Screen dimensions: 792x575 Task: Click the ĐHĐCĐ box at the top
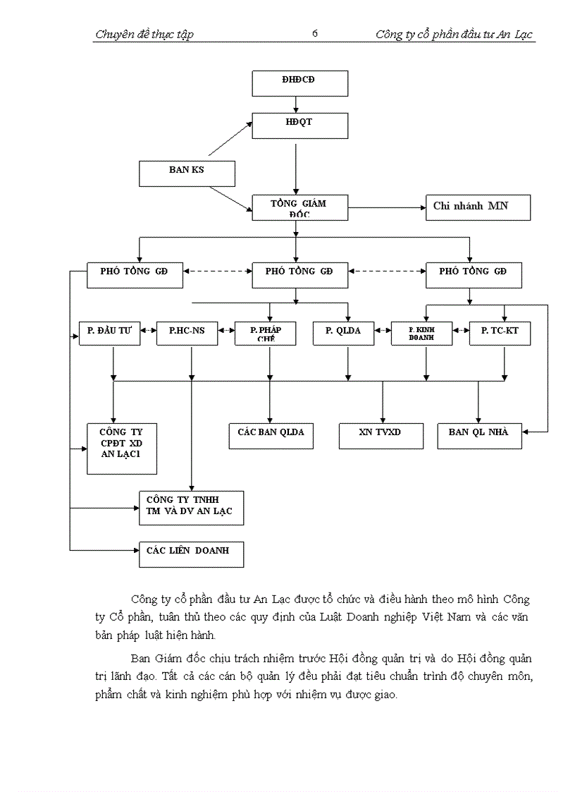[300, 83]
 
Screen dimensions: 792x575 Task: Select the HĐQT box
[300, 126]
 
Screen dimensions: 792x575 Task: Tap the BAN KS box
[186, 173]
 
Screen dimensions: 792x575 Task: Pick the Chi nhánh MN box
[477, 207]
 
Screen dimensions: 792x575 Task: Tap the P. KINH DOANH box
[421, 333]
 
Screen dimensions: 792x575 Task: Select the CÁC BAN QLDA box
[271, 435]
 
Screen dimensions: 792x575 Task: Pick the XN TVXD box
[381, 435]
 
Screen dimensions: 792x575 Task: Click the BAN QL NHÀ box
[479, 435]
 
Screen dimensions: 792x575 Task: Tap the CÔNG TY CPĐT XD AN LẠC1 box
[121, 449]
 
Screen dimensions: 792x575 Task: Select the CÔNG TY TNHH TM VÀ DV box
[191, 508]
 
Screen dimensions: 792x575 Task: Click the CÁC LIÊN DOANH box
[191, 554]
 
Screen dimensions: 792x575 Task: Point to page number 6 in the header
[314, 33]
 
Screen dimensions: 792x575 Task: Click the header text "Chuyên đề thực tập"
[144, 34]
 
